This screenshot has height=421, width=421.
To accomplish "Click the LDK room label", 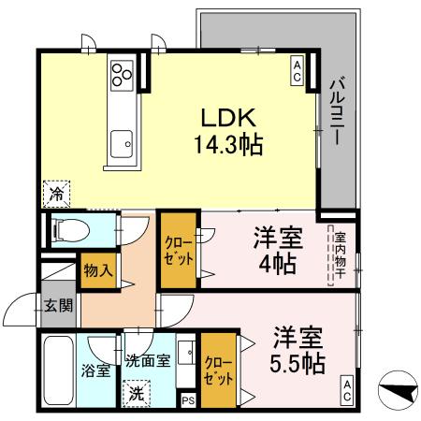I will (225, 119).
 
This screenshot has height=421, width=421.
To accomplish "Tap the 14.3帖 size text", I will (227, 145).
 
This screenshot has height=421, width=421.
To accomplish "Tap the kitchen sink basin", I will (121, 144).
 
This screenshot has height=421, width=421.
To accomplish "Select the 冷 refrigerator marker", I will (56, 195).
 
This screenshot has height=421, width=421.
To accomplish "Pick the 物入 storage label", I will (97, 270).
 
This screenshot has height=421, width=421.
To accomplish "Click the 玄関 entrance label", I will (56, 304).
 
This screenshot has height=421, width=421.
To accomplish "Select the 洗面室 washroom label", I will (148, 359).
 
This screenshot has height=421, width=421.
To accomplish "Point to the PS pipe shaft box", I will (188, 400).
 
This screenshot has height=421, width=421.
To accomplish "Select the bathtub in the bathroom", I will (57, 370).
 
